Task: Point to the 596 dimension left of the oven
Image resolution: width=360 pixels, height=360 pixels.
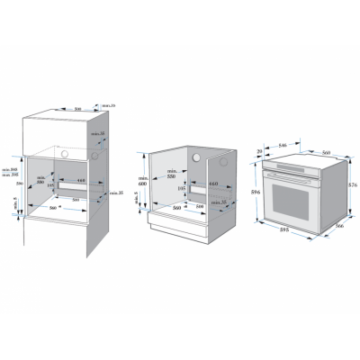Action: coord(256,193)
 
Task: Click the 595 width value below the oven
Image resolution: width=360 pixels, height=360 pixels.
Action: coord(283,229)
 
